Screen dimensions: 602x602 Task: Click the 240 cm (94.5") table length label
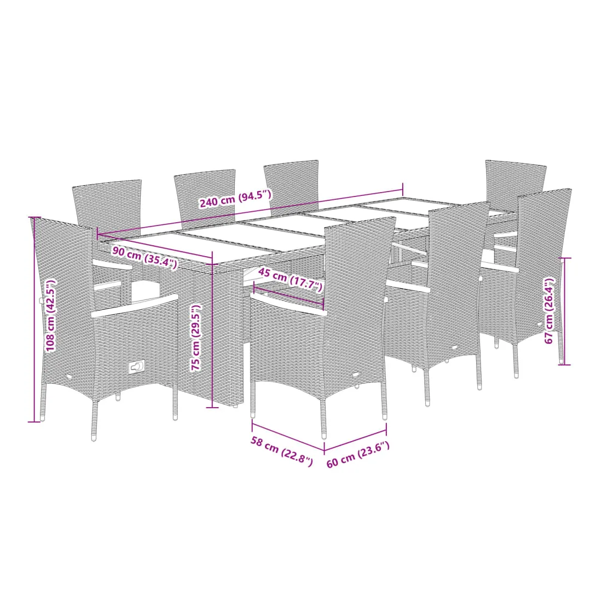(x=235, y=199)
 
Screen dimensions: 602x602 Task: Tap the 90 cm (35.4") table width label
(x=144, y=258)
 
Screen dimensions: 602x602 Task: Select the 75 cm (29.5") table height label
(x=196, y=338)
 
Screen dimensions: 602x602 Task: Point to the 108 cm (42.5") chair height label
(x=50, y=315)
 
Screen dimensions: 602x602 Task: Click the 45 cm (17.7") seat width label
(x=290, y=280)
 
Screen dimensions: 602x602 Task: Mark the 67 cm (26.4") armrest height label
(x=550, y=310)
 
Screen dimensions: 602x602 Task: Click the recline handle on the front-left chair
(x=136, y=367)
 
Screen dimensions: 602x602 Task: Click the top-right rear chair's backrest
(x=514, y=177)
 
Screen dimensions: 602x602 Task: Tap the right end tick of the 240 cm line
(x=403, y=189)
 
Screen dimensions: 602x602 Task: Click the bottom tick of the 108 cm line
(x=34, y=421)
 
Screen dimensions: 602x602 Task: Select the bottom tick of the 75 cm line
(x=212, y=407)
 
